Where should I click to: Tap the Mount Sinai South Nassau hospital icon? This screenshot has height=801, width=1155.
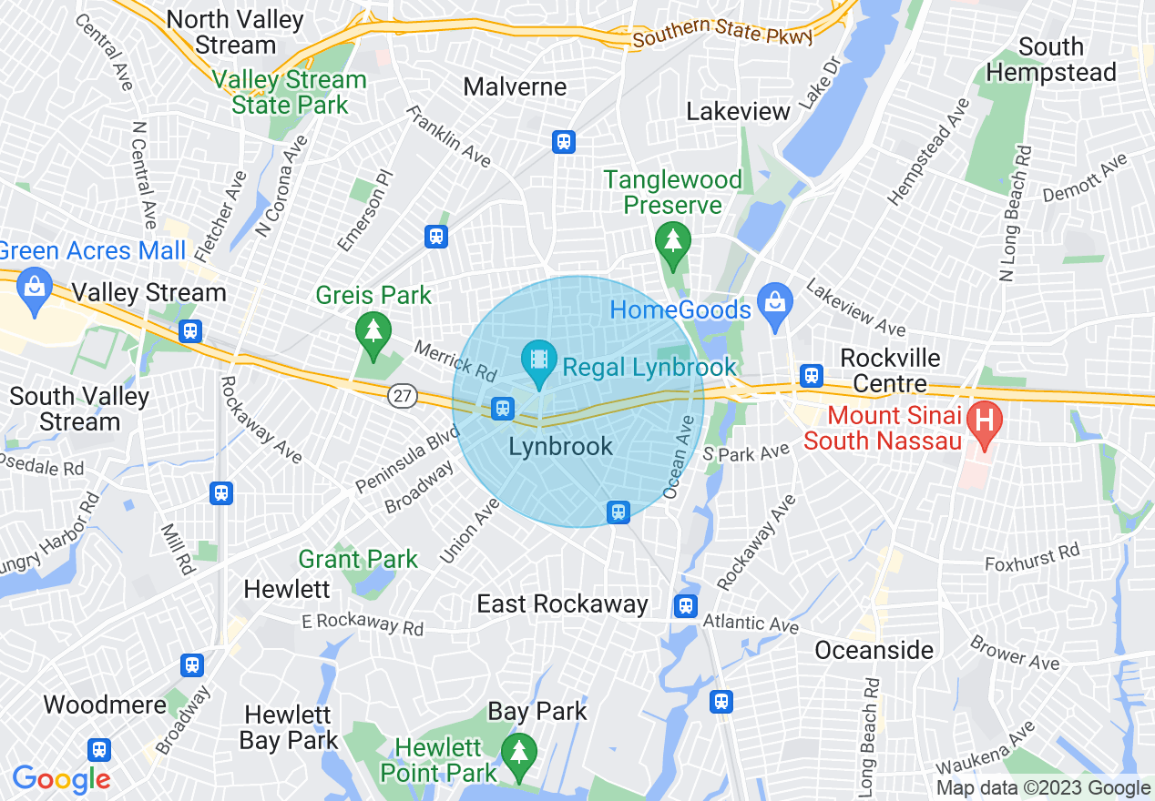pyautogui.click(x=984, y=420)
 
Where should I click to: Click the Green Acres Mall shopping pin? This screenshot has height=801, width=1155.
pyautogui.click(x=35, y=289)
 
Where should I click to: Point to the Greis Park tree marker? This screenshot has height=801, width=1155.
pyautogui.click(x=373, y=330)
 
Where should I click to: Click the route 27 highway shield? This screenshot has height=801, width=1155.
pyautogui.click(x=401, y=395)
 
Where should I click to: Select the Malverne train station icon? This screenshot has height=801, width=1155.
pyautogui.click(x=564, y=141)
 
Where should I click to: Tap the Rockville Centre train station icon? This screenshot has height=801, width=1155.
pyautogui.click(x=811, y=375)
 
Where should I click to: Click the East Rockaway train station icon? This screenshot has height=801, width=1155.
pyautogui.click(x=686, y=605)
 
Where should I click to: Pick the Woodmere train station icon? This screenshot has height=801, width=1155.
pyautogui.click(x=99, y=749)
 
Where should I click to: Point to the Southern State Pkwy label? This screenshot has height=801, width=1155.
pyautogui.click(x=723, y=33)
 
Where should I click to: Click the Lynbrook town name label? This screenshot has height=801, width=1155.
pyautogui.click(x=560, y=447)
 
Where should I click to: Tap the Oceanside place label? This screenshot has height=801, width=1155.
pyautogui.click(x=874, y=650)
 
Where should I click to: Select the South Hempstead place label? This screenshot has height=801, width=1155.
pyautogui.click(x=1051, y=59)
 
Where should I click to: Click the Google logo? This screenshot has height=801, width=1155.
pyautogui.click(x=61, y=779)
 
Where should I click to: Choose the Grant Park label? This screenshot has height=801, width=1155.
pyautogui.click(x=358, y=559)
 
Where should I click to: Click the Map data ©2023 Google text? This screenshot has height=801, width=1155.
pyautogui.click(x=1043, y=788)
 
